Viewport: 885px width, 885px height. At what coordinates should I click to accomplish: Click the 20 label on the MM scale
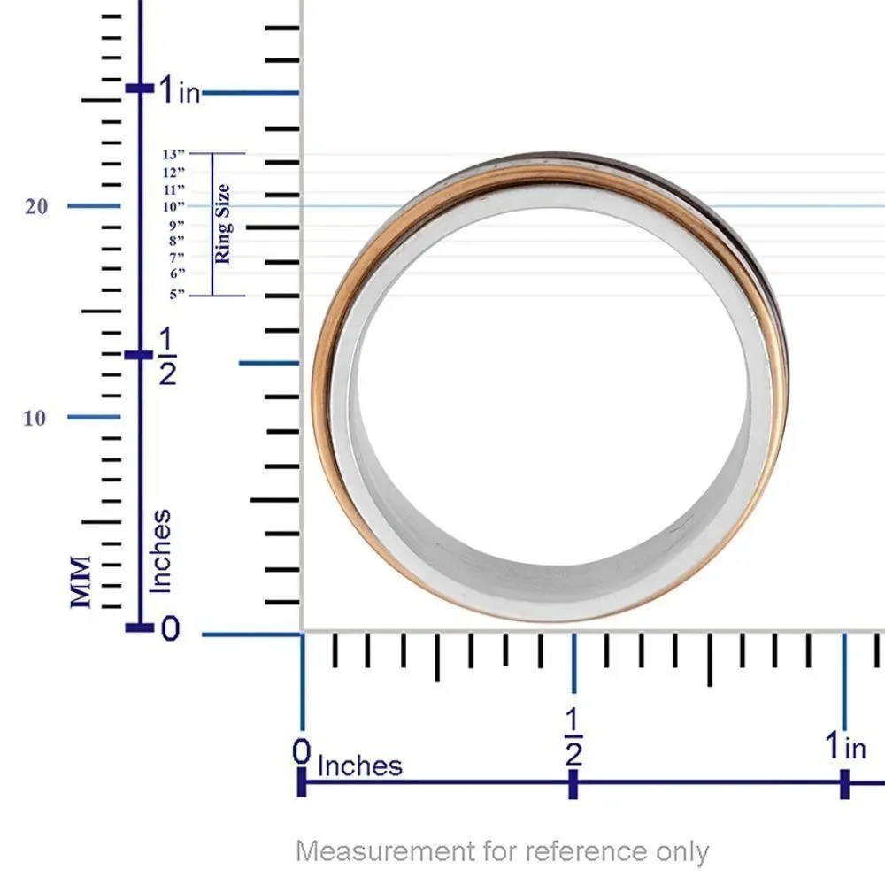36,206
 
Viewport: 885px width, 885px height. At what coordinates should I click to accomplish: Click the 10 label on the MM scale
35,419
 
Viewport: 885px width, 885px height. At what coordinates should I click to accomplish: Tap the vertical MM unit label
81,582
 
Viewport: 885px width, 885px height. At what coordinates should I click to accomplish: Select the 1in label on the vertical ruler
180,90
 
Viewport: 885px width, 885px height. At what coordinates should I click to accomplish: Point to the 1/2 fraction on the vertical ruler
167,357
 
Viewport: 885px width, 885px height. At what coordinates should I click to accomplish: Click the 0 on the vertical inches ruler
170,627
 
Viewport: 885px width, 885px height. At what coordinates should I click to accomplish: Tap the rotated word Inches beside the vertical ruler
159,551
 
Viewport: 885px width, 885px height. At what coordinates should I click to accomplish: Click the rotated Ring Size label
222,224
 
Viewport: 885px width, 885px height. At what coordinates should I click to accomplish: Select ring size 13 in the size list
173,154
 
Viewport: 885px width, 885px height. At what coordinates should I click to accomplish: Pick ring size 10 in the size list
173,206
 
